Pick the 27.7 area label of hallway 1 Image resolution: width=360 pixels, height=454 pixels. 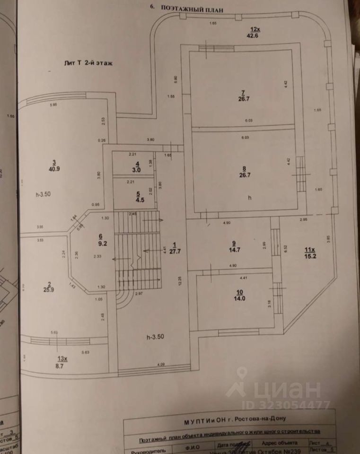point(175,251)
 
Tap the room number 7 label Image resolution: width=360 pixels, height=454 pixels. point(242,92)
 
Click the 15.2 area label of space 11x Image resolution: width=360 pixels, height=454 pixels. point(310,256)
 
